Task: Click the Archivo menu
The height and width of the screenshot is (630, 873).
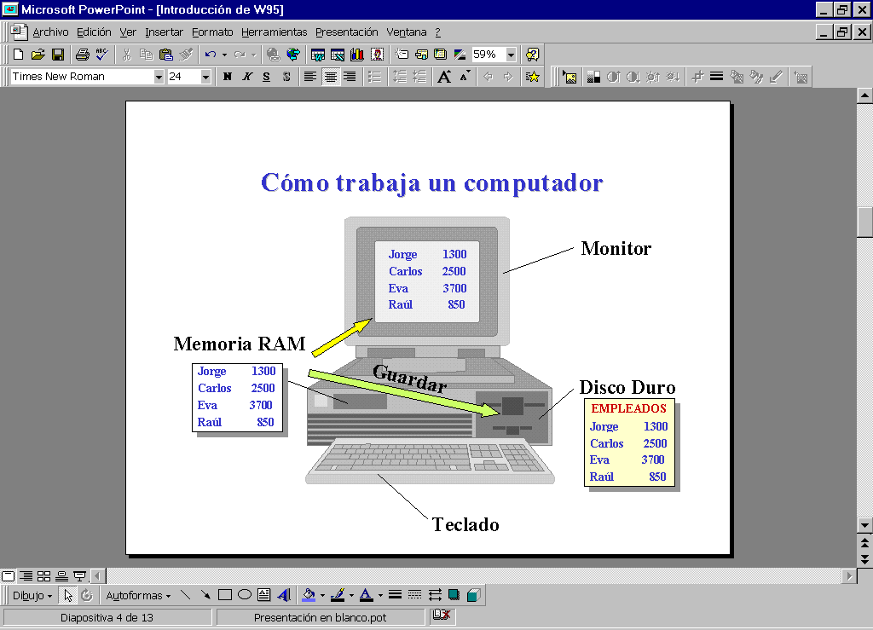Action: pyautogui.click(x=50, y=32)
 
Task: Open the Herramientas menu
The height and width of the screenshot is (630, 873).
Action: pyautogui.click(x=274, y=32)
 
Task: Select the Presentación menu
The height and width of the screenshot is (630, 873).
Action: pyautogui.click(x=346, y=32)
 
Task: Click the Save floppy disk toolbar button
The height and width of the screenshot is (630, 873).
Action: pyautogui.click(x=58, y=55)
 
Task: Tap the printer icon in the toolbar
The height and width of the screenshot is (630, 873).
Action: pyautogui.click(x=83, y=55)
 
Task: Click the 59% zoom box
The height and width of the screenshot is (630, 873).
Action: pyautogui.click(x=489, y=55)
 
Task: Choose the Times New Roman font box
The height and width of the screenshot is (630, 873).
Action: pyautogui.click(x=82, y=76)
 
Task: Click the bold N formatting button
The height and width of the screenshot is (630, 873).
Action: pyautogui.click(x=227, y=77)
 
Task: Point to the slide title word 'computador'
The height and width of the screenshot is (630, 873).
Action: pyautogui.click(x=534, y=183)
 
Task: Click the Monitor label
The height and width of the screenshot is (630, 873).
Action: pyautogui.click(x=616, y=248)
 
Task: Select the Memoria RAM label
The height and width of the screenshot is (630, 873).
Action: pyautogui.click(x=240, y=344)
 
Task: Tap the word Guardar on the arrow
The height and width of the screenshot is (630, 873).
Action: pyautogui.click(x=410, y=379)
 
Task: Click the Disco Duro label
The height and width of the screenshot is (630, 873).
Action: pyautogui.click(x=627, y=387)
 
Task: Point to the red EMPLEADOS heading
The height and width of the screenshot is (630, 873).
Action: pyautogui.click(x=628, y=408)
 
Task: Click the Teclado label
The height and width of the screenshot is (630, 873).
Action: pyautogui.click(x=465, y=524)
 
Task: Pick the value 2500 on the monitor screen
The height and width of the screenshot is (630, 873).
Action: pyautogui.click(x=454, y=272)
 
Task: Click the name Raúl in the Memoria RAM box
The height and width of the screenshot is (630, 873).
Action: pyautogui.click(x=210, y=422)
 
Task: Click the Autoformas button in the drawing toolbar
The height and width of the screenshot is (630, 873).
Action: pyautogui.click(x=138, y=596)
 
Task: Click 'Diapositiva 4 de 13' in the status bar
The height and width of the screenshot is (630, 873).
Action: pyautogui.click(x=107, y=618)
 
